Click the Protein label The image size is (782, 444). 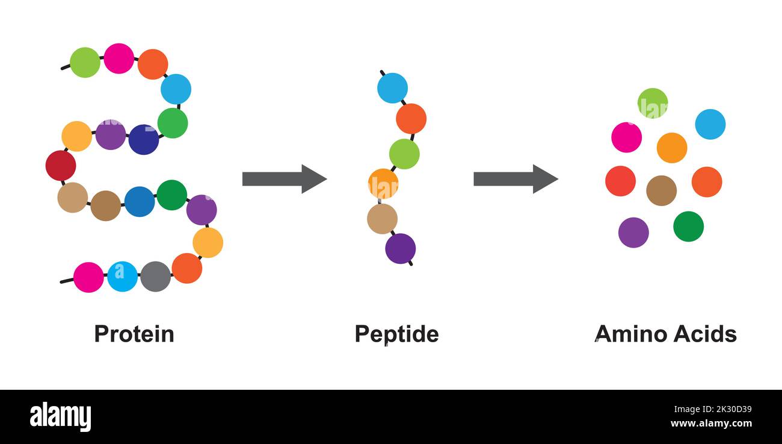pos(134,334)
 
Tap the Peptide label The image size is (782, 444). pos(396,334)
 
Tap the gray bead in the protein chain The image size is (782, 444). pos(155,277)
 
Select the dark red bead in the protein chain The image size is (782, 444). pos(61,166)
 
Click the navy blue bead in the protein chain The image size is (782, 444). pos(143,140)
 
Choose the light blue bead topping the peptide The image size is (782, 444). pos(392,88)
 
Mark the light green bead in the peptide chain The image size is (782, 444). pos(404,154)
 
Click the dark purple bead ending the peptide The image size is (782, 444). pos(400,249)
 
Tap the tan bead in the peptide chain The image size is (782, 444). pos(382,219)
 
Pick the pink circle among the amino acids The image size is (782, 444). pos(626,137)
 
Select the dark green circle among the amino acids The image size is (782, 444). pos(688,227)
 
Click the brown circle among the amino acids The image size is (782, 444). pos(661,191)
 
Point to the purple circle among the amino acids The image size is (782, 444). pos(633,233)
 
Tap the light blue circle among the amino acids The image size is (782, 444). pos(710,124)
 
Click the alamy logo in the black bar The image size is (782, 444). pos(60,417)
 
